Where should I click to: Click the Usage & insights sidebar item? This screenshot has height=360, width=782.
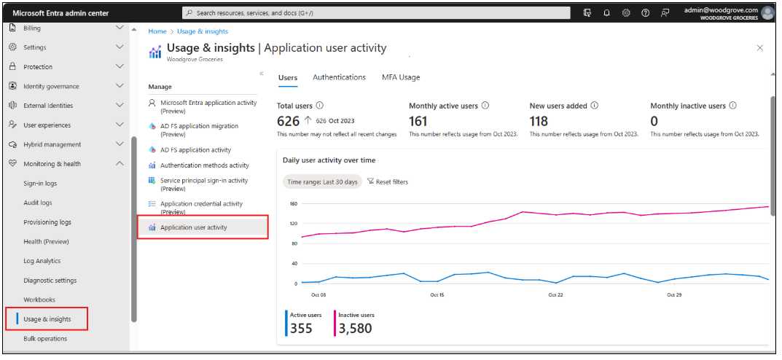point(47,319)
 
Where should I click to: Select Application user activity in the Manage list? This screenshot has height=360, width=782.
point(193,227)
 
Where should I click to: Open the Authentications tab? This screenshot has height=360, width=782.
point(339,77)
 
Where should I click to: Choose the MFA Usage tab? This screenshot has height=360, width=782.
point(400,77)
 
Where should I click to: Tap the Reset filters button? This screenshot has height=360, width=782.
point(388,181)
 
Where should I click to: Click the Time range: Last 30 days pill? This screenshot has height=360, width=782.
point(322,181)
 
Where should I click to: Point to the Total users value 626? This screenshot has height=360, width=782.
point(289,122)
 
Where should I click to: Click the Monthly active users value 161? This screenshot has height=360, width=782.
point(418,122)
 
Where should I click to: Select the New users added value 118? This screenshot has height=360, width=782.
point(539,122)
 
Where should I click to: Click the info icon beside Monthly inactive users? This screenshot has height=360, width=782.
point(732,106)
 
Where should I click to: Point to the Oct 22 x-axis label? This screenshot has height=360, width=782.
point(555,295)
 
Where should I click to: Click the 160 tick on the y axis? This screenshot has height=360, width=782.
point(294,204)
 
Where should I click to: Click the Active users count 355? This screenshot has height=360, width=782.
point(301,329)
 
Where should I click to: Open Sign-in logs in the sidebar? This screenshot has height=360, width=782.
point(40,184)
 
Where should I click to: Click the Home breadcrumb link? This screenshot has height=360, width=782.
point(157,31)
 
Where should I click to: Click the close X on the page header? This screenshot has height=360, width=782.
point(760,48)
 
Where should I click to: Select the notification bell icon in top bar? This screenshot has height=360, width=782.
point(607,12)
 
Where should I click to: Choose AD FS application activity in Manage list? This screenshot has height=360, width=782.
point(195,149)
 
